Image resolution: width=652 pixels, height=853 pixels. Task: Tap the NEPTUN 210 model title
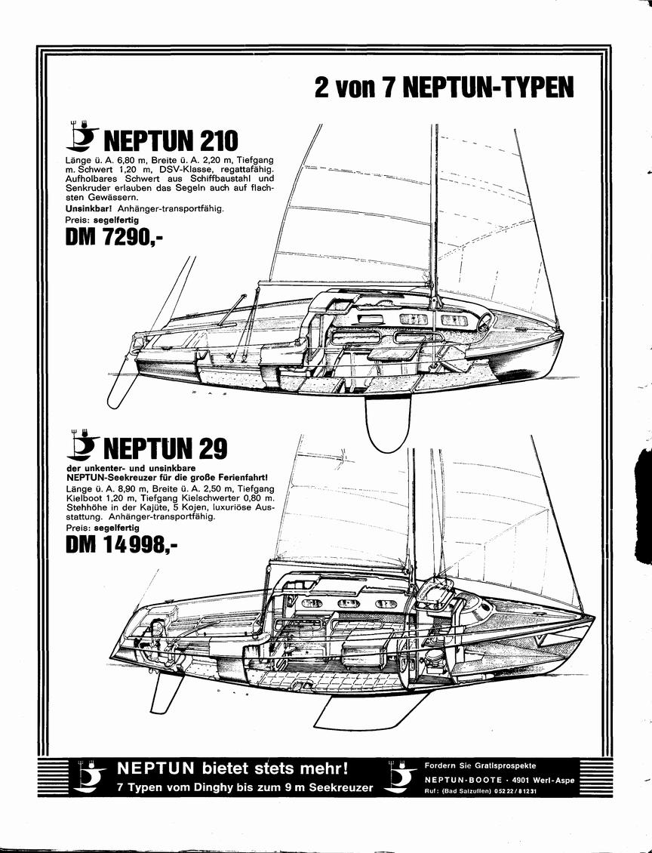(171, 140)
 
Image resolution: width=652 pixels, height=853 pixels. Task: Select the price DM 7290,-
(114, 237)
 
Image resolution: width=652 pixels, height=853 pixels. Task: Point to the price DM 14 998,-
(121, 544)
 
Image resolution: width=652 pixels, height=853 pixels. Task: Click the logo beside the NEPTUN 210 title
(82, 135)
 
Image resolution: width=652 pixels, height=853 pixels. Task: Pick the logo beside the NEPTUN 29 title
(82, 445)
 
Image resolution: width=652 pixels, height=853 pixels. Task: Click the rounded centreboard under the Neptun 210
(386, 423)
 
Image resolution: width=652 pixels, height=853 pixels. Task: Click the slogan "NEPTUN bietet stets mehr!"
(232, 768)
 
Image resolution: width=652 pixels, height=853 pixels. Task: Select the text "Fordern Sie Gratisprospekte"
(480, 765)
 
